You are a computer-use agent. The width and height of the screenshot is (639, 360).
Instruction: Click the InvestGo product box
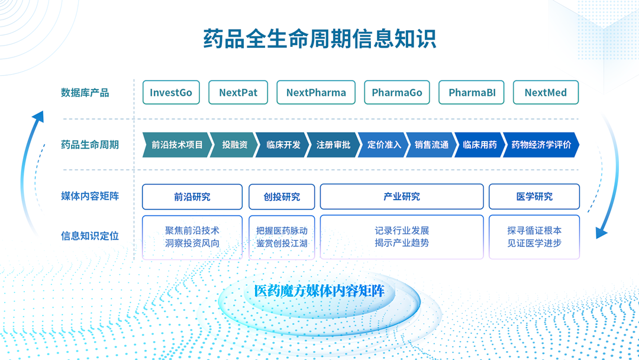(x=171, y=92)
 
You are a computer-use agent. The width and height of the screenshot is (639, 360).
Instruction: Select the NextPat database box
(x=238, y=92)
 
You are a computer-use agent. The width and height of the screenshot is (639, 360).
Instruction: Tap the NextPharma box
(x=316, y=92)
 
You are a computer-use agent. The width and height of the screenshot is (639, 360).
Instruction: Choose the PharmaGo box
(x=397, y=92)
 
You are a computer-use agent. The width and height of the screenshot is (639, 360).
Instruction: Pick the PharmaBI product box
(x=472, y=92)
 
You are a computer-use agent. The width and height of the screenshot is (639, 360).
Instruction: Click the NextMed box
(x=546, y=92)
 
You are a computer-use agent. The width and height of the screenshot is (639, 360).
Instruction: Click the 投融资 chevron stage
(x=234, y=144)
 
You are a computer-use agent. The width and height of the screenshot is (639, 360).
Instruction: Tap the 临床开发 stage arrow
(x=283, y=144)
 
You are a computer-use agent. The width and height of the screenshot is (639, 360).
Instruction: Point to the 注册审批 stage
(x=333, y=144)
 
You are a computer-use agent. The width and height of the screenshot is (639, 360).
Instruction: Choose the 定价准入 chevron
(x=383, y=144)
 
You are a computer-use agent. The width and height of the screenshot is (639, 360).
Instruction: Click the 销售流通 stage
(x=431, y=144)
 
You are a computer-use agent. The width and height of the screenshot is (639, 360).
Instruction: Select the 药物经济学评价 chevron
(x=541, y=144)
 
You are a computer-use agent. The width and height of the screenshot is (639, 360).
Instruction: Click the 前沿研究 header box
(x=192, y=197)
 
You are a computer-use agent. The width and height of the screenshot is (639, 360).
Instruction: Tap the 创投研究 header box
(x=282, y=197)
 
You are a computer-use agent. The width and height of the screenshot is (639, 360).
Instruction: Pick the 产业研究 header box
(x=402, y=197)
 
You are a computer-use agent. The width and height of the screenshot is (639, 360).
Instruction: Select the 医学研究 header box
(x=534, y=197)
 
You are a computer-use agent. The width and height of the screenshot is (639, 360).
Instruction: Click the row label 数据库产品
(x=85, y=92)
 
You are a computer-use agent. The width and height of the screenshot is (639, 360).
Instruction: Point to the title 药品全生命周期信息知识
(x=319, y=38)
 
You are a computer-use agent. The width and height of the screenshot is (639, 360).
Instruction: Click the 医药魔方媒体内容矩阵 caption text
(x=319, y=291)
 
